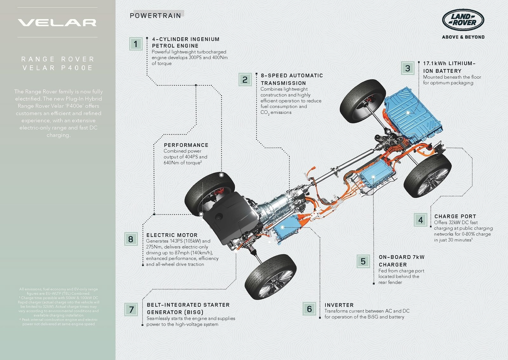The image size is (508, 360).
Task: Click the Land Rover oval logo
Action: tap(463, 20)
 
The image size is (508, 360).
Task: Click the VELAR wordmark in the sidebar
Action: tap(57, 23)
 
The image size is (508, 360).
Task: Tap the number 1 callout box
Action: tap(136, 44)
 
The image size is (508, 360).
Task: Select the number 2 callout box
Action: tap(245, 80)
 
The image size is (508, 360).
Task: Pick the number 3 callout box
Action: tap(408, 68)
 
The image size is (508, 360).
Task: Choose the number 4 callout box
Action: tap(421, 220)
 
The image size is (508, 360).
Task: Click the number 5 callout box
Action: tap(363, 261)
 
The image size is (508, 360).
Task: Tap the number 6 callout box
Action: tap(310, 309)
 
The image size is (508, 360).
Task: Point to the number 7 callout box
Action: tap(131, 309)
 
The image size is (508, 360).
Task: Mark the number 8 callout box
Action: tap(130, 239)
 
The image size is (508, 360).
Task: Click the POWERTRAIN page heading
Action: tap(155, 16)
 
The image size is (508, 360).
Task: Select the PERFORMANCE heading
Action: tap(186, 145)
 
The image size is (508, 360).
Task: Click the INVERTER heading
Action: tap(339, 305)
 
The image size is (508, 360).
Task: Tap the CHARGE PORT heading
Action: tap(455, 216)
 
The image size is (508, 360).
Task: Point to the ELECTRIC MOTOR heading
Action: tap(172, 235)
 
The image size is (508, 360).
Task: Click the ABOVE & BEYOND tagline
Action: tap(463, 37)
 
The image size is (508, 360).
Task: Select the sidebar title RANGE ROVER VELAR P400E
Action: tap(57, 64)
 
